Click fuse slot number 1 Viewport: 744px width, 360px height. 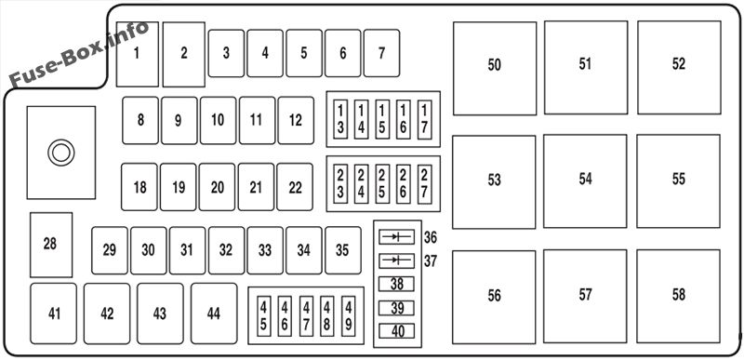[x=138, y=54]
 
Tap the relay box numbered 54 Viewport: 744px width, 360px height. [x=585, y=180]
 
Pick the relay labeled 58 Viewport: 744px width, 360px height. [x=678, y=295]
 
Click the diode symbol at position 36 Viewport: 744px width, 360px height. [x=397, y=237]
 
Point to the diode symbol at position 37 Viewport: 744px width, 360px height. [x=397, y=260]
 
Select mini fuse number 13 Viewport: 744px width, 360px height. [x=341, y=119]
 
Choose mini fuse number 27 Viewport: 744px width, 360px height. [x=424, y=183]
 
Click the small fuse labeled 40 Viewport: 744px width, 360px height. [x=397, y=331]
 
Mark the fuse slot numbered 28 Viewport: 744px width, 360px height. [x=50, y=245]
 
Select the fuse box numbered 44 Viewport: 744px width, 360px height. [x=214, y=314]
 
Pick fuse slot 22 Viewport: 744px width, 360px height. [x=295, y=188]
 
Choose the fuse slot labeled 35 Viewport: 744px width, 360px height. [x=342, y=250]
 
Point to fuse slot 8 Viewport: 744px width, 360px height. [x=140, y=120]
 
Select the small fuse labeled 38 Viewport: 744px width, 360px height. [x=397, y=285]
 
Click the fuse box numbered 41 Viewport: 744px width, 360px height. [x=54, y=314]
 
